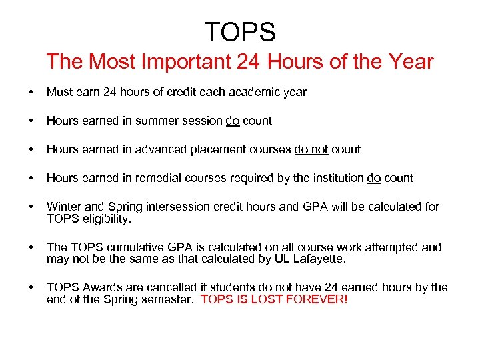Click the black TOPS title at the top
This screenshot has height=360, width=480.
[x=240, y=31]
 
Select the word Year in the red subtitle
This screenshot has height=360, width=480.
[x=411, y=63]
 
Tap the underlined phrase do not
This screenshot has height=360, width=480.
[x=311, y=149]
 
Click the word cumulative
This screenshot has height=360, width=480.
[x=128, y=247]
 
